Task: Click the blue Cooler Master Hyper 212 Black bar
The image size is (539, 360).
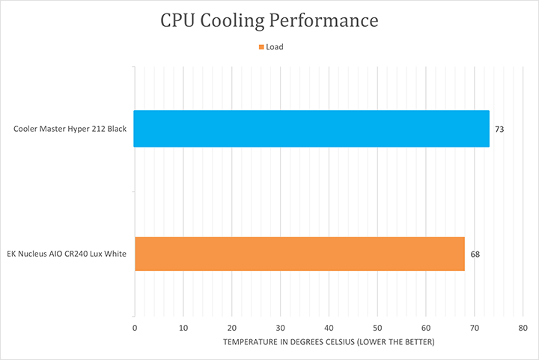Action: pyautogui.click(x=311, y=129)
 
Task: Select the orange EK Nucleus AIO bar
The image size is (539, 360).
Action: pyautogui.click(x=299, y=254)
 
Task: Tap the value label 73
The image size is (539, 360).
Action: pyautogui.click(x=499, y=129)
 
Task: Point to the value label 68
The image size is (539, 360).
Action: pyautogui.click(x=475, y=254)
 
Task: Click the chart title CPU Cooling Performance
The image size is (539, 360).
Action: pyautogui.click(x=269, y=20)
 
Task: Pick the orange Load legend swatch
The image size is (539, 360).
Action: pyautogui.click(x=261, y=47)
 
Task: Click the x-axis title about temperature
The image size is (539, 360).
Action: pyautogui.click(x=329, y=342)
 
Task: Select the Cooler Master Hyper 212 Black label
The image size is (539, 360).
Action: pyautogui.click(x=70, y=129)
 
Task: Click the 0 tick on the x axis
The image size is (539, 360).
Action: pyautogui.click(x=135, y=328)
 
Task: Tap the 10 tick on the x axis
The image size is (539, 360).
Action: pyautogui.click(x=183, y=328)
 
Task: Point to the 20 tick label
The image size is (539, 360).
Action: pyautogui.click(x=231, y=328)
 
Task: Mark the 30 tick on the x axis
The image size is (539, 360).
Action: pyautogui.click(x=280, y=328)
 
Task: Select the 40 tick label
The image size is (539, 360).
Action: pyautogui.click(x=329, y=328)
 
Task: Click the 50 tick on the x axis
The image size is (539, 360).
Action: pyautogui.click(x=377, y=328)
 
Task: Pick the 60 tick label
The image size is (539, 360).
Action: pyautogui.click(x=426, y=328)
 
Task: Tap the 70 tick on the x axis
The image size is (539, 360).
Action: pyautogui.click(x=475, y=328)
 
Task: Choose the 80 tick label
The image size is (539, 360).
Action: pyautogui.click(x=523, y=328)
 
